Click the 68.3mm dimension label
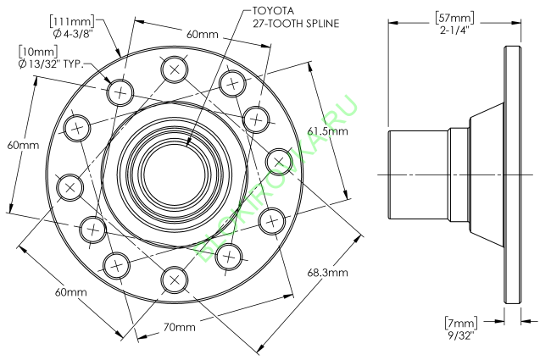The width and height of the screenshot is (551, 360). [x=327, y=273]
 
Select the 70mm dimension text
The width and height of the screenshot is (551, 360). [x=181, y=327]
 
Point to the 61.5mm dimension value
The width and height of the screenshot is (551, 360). [x=327, y=131]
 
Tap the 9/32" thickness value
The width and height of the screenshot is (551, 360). [x=460, y=335]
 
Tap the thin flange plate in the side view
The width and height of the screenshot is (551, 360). [x=511, y=173]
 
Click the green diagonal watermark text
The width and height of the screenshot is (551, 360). [x=280, y=174]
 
